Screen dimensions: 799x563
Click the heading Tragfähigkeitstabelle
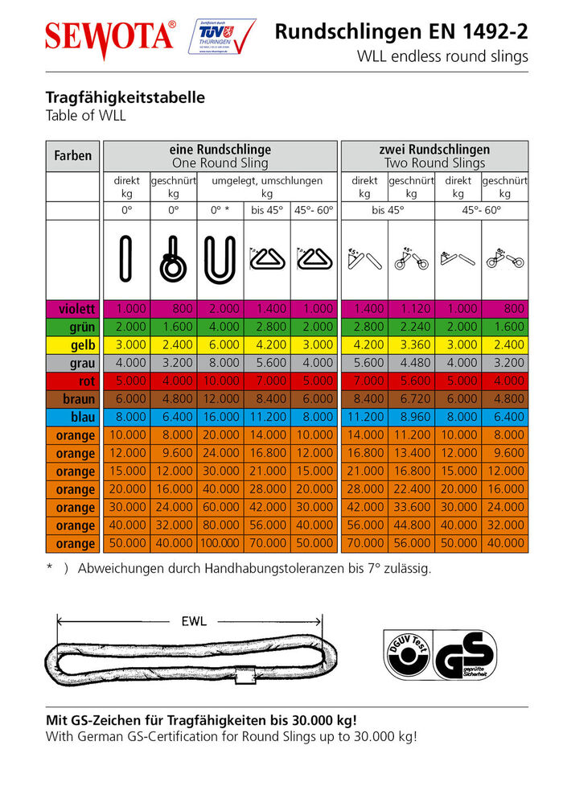(125, 98)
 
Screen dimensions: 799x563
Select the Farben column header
(73, 155)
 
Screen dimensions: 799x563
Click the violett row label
(73, 308)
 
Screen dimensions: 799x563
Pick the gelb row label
(73, 344)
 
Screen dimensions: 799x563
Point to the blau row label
(73, 417)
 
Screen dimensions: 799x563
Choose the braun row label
(73, 399)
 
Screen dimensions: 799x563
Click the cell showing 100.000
(220, 544)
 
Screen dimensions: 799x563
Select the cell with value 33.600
(411, 508)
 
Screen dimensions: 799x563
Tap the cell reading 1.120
(411, 308)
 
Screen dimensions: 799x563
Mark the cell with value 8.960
(411, 417)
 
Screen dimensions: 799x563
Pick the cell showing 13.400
(411, 453)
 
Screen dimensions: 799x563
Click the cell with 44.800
(411, 526)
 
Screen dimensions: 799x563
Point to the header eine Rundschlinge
(220, 150)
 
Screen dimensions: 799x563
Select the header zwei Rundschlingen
(434, 150)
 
